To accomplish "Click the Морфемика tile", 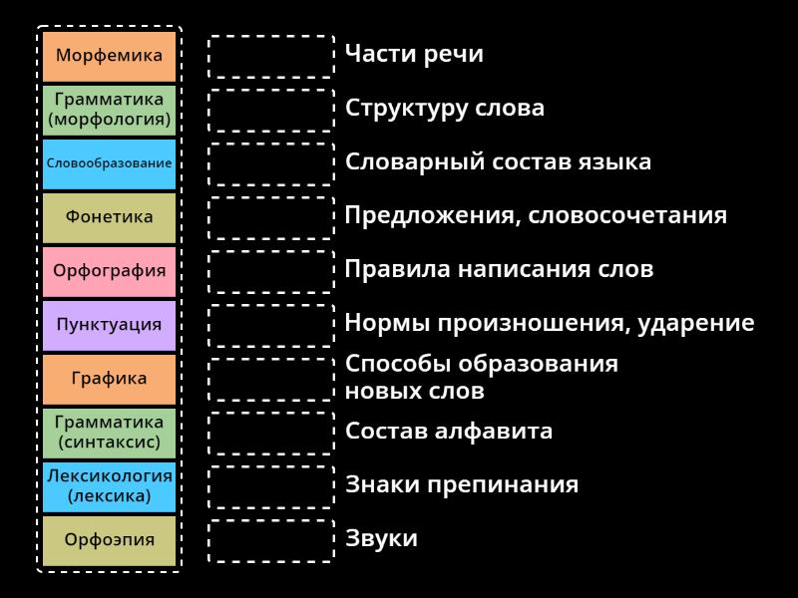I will [109, 56].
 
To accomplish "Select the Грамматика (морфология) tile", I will [109, 110].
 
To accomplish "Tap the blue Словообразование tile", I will [109, 163].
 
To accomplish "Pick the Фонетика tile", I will [109, 217].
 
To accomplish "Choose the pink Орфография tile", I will [109, 271].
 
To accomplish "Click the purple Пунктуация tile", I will [109, 325].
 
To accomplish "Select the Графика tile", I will [109, 379].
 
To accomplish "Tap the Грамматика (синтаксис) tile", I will [109, 433].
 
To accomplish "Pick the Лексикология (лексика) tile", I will [109, 486].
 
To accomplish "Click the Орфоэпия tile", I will [109, 540].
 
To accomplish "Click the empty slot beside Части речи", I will [271, 56].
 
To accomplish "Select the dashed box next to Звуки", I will [271, 540].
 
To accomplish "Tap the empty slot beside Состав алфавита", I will [271, 433].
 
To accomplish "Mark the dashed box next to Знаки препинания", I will [271, 486].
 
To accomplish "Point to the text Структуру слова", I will [445, 108].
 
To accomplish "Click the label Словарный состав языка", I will [498, 161].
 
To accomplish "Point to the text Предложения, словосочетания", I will [536, 215].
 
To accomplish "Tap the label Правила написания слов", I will [499, 269].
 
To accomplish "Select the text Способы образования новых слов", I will [481, 377].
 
